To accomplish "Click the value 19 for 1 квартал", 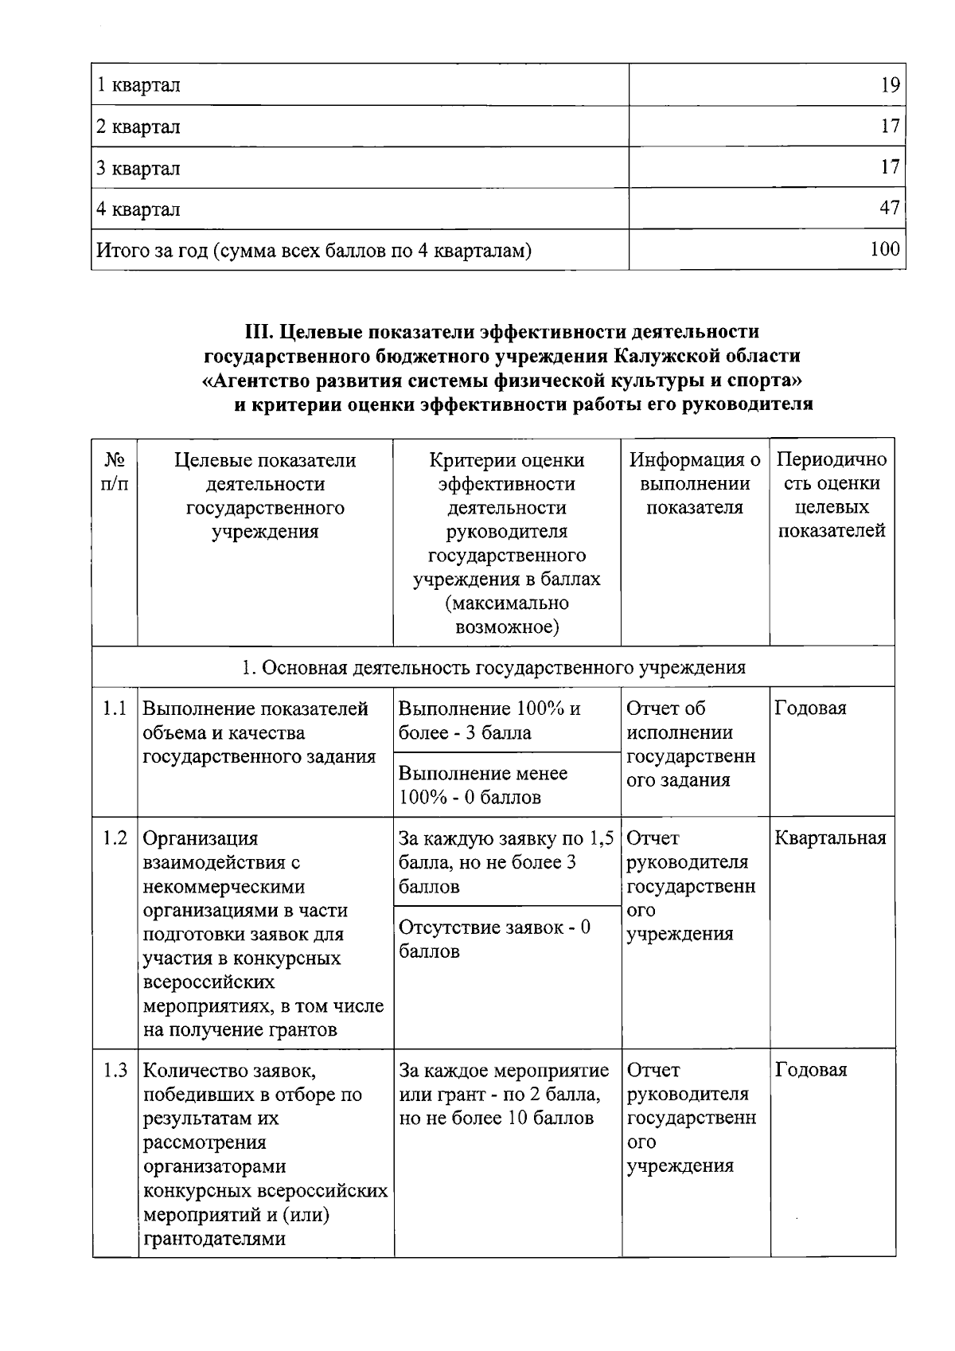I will pyautogui.click(x=890, y=85).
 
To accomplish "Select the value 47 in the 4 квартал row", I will pyautogui.click(x=890, y=209).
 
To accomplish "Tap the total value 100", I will pyautogui.click(x=885, y=249).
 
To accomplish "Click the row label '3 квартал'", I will pyautogui.click(x=138, y=168).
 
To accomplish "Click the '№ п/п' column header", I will pyautogui.click(x=115, y=472).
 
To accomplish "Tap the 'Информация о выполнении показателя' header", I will pyautogui.click(x=695, y=483).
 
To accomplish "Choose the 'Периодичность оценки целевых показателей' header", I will pyautogui.click(x=831, y=495).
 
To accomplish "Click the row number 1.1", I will pyautogui.click(x=115, y=708).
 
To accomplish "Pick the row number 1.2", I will pyautogui.click(x=115, y=838).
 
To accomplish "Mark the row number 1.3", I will pyautogui.click(x=115, y=1070).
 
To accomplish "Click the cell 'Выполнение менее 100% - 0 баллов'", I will pyautogui.click(x=482, y=785).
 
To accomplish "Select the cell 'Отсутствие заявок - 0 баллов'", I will pyautogui.click(x=494, y=939).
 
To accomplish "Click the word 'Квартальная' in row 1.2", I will pyautogui.click(x=830, y=838).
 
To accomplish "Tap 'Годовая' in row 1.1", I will pyautogui.click(x=810, y=708).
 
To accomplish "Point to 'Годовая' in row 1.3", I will pyautogui.click(x=810, y=1070).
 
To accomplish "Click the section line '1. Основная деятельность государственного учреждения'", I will pyautogui.click(x=493, y=667).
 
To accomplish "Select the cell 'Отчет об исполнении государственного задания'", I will pyautogui.click(x=690, y=744).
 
